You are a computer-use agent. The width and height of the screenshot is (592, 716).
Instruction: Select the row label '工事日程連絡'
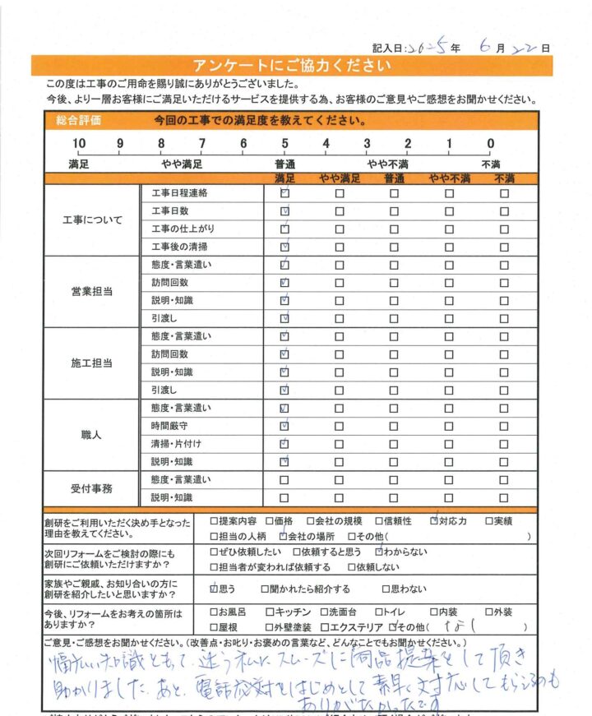(x=179, y=194)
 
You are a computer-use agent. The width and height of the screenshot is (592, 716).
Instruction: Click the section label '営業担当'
(x=91, y=291)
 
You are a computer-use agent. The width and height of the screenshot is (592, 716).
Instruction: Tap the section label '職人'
(x=91, y=434)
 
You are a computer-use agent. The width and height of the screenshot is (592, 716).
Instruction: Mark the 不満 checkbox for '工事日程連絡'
(x=504, y=194)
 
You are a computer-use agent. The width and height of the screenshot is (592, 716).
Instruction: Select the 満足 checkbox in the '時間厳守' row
(x=284, y=426)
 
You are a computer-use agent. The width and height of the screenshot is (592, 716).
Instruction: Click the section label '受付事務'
(x=91, y=488)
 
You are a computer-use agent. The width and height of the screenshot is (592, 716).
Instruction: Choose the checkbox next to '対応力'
(x=434, y=520)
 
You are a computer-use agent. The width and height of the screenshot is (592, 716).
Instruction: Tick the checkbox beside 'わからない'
(x=379, y=552)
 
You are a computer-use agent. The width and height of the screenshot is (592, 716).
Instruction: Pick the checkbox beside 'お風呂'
(x=215, y=612)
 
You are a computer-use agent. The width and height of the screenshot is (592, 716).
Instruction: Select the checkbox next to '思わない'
(x=386, y=589)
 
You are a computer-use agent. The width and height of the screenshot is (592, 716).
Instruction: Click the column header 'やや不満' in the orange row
(x=449, y=178)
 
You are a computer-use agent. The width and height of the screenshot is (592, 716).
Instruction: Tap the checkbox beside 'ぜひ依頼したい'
(x=215, y=552)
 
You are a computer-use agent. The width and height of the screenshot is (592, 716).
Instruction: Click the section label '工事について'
(x=91, y=220)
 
